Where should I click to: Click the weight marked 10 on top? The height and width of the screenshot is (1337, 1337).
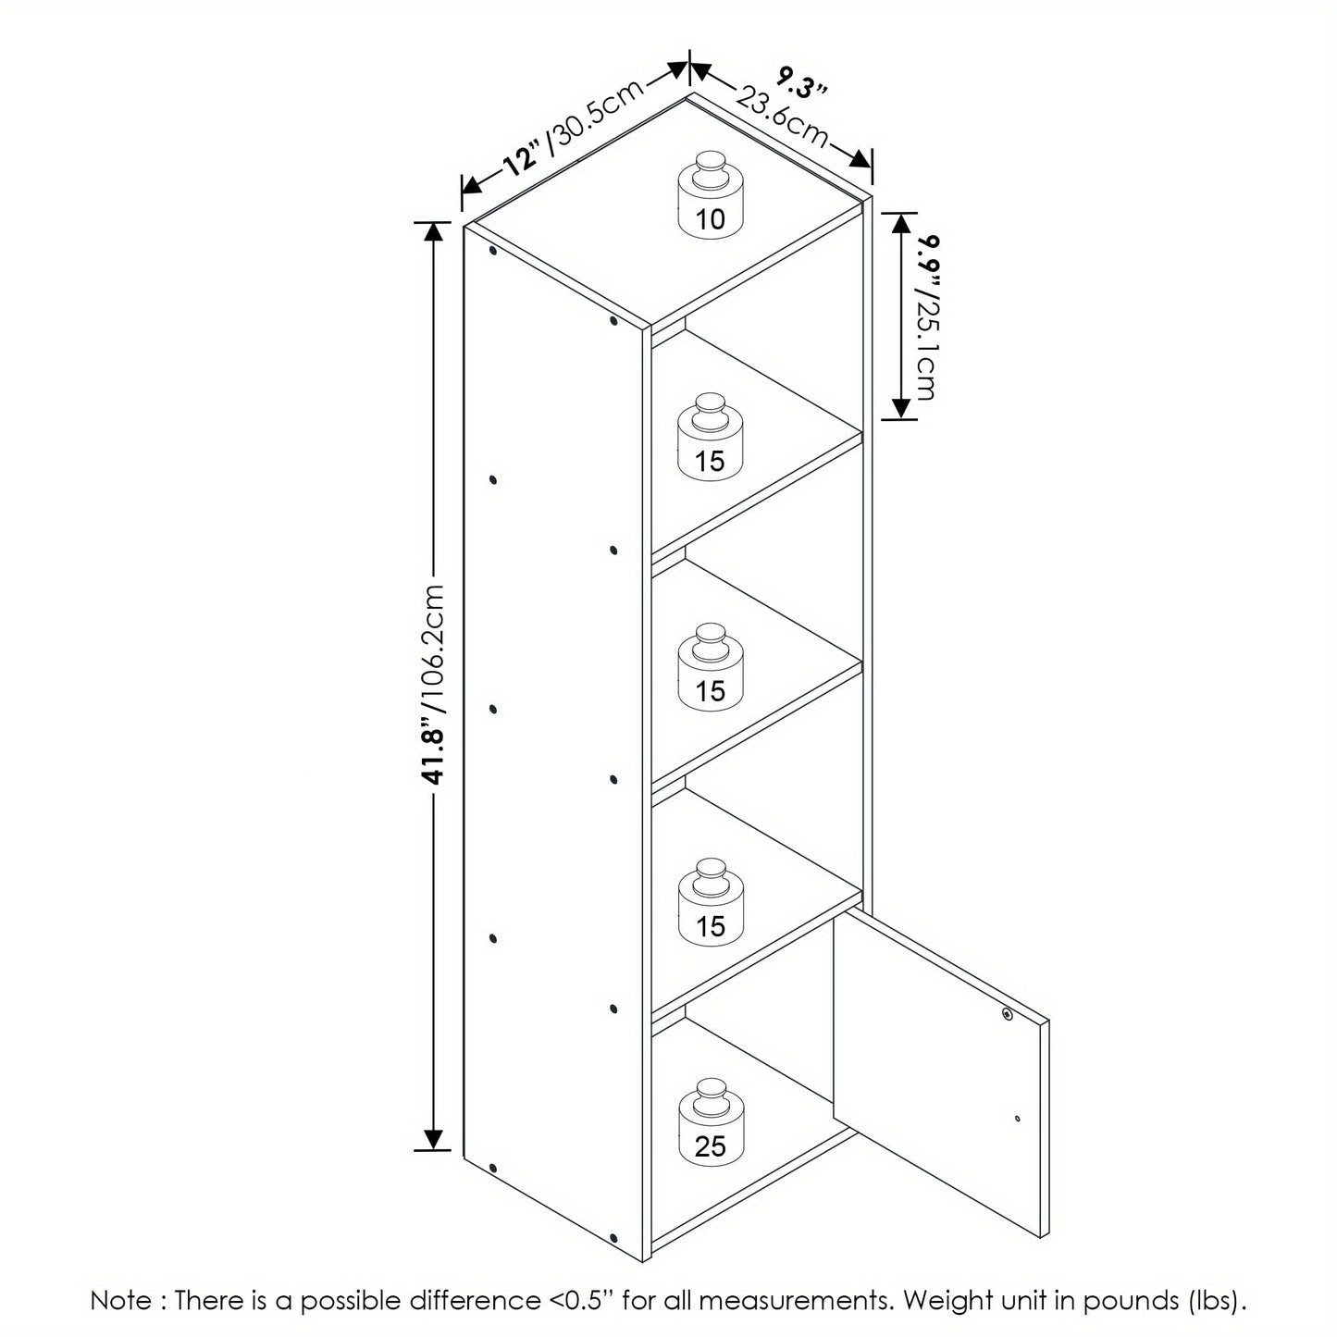710,195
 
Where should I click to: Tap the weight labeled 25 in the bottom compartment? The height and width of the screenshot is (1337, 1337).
710,1122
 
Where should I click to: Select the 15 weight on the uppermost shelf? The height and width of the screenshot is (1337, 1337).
710,437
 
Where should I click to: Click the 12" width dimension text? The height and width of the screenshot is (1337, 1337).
523,158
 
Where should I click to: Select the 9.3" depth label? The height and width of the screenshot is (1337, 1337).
800,82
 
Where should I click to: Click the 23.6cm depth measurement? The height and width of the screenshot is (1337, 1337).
781,116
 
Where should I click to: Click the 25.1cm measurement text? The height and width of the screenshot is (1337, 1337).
927,347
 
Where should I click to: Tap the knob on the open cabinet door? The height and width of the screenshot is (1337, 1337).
1008,1014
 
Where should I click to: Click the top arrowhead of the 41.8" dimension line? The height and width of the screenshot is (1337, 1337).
434,231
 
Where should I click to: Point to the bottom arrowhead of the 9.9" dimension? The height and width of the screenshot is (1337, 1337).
900,409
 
